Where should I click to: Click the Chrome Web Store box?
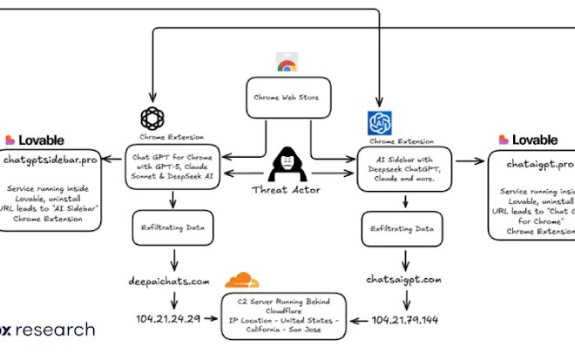(286, 97)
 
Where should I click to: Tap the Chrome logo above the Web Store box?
(285, 63)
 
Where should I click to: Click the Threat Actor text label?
(287, 189)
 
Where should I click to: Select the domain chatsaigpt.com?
(404, 281)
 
